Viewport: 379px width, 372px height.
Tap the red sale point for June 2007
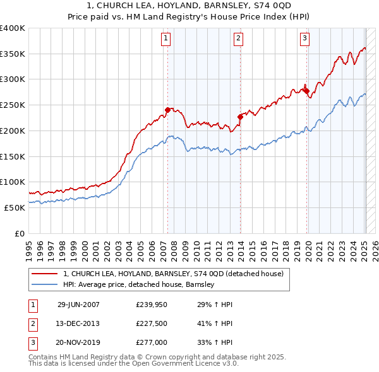[x=167, y=110]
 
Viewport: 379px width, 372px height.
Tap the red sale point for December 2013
[x=240, y=116]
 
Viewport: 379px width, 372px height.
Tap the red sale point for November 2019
[x=306, y=91]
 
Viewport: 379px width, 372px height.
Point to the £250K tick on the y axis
[x=13, y=105]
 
